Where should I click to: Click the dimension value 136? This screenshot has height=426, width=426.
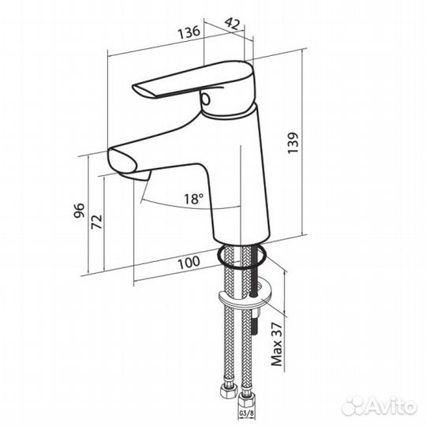pyautogui.click(x=189, y=32)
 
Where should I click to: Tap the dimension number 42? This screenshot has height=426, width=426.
pyautogui.click(x=232, y=24)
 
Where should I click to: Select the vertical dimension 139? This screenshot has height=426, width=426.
pyautogui.click(x=293, y=143)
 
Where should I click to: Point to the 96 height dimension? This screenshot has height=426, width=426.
pyautogui.click(x=80, y=211)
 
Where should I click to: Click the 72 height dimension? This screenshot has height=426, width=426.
pyautogui.click(x=97, y=222)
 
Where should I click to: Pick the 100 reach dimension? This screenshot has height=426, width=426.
pyautogui.click(x=189, y=263)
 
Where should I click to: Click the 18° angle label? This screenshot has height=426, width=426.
pyautogui.click(x=194, y=199)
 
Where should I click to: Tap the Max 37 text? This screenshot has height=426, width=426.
pyautogui.click(x=277, y=344)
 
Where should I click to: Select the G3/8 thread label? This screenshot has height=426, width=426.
pyautogui.click(x=246, y=413)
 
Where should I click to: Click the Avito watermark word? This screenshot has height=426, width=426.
pyautogui.click(x=390, y=407)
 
